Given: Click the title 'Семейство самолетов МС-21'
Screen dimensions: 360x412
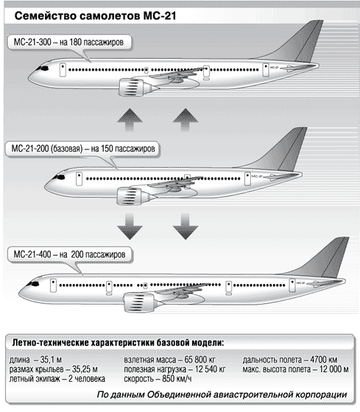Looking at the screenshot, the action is pyautogui.click(x=95, y=15).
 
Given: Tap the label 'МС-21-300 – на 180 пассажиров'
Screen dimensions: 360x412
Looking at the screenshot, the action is pyautogui.click(x=68, y=42).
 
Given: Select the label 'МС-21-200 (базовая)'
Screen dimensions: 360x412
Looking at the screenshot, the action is pyautogui.click(x=47, y=149).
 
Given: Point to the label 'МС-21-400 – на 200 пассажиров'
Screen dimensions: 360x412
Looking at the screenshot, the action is pyautogui.click(x=69, y=255).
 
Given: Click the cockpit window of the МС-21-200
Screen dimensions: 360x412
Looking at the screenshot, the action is pyautogui.click(x=60, y=177).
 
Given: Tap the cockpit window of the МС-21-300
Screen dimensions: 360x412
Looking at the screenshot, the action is pyautogui.click(x=43, y=68).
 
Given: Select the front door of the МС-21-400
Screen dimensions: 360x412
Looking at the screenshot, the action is pyautogui.click(x=53, y=286).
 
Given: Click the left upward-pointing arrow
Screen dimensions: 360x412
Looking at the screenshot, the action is pyautogui.click(x=130, y=119).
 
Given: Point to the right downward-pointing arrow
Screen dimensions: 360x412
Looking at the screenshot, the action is pyautogui.click(x=186, y=226).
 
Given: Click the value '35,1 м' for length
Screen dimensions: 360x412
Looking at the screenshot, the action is pyautogui.click(x=51, y=360).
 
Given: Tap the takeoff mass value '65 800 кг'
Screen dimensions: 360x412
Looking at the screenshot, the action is pyautogui.click(x=200, y=360).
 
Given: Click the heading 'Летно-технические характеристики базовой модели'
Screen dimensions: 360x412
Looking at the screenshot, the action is pyautogui.click(x=118, y=343).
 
